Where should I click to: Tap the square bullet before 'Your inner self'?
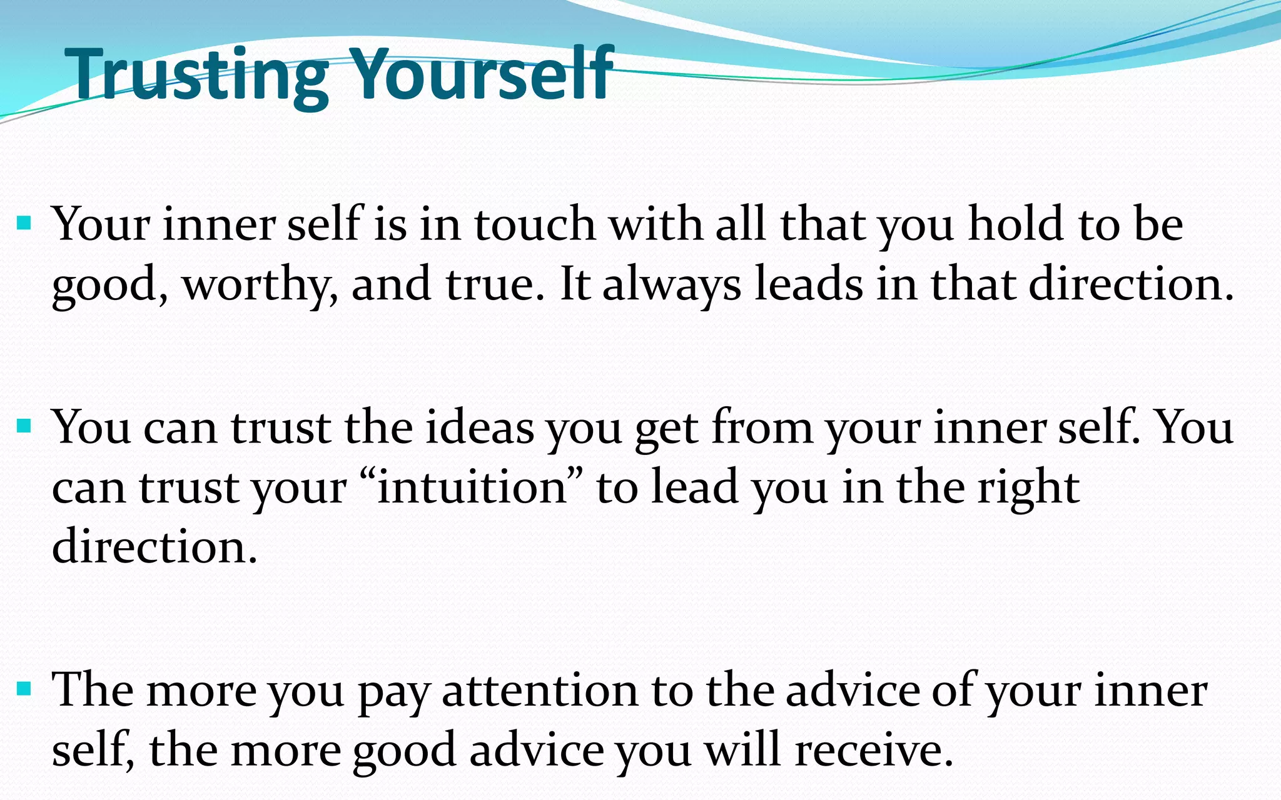(x=24, y=222)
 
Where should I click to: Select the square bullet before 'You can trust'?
(x=24, y=426)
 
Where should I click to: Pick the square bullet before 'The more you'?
(x=24, y=689)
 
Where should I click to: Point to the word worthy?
(x=256, y=285)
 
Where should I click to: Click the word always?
(x=672, y=285)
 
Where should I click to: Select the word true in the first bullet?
(x=490, y=284)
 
